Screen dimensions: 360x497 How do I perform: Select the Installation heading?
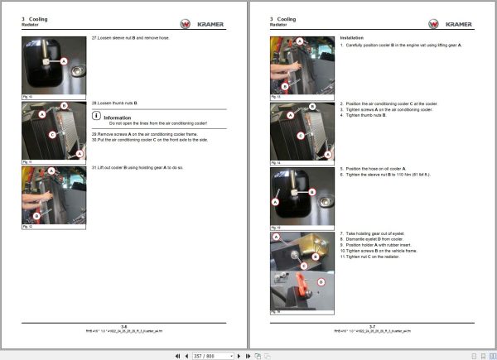click(353, 38)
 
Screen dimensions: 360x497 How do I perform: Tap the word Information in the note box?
click(118, 118)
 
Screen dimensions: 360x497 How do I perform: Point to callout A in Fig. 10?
click(64, 61)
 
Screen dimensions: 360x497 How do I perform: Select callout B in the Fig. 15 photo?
click(314, 191)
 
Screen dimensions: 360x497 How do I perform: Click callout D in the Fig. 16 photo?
click(321, 282)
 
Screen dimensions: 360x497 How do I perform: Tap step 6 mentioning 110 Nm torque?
click(389, 175)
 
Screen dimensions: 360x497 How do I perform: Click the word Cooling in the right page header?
click(287, 18)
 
